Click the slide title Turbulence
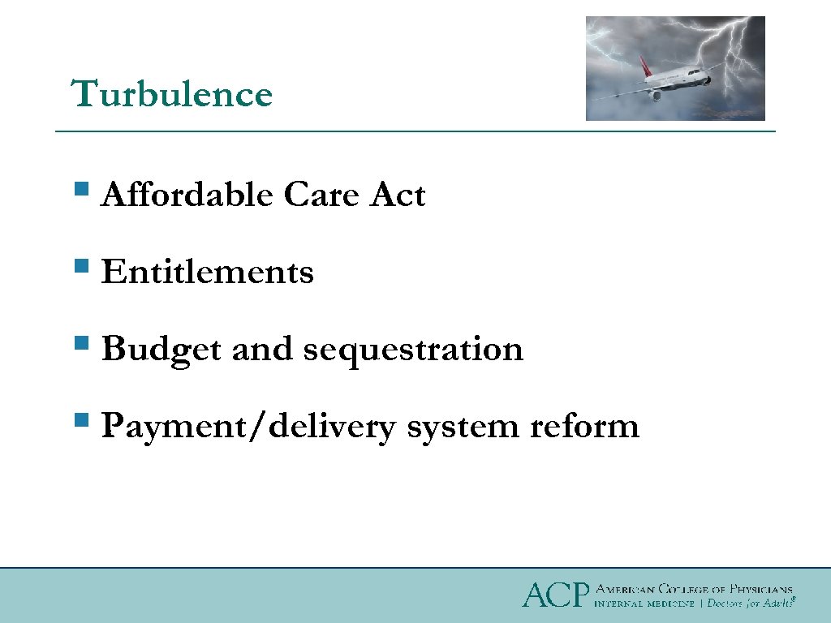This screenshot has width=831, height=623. (x=172, y=94)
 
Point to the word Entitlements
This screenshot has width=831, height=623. (x=207, y=273)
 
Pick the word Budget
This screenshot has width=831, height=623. (x=161, y=350)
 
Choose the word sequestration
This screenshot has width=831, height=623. (x=413, y=350)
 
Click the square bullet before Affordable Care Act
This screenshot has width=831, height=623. (x=80, y=191)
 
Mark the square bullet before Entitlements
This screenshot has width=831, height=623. (x=80, y=267)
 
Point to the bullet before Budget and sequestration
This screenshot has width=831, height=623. (x=80, y=344)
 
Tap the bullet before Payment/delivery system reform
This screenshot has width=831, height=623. (x=80, y=421)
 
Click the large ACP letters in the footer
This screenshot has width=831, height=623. (x=554, y=595)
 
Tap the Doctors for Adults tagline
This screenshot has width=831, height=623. (x=748, y=604)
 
